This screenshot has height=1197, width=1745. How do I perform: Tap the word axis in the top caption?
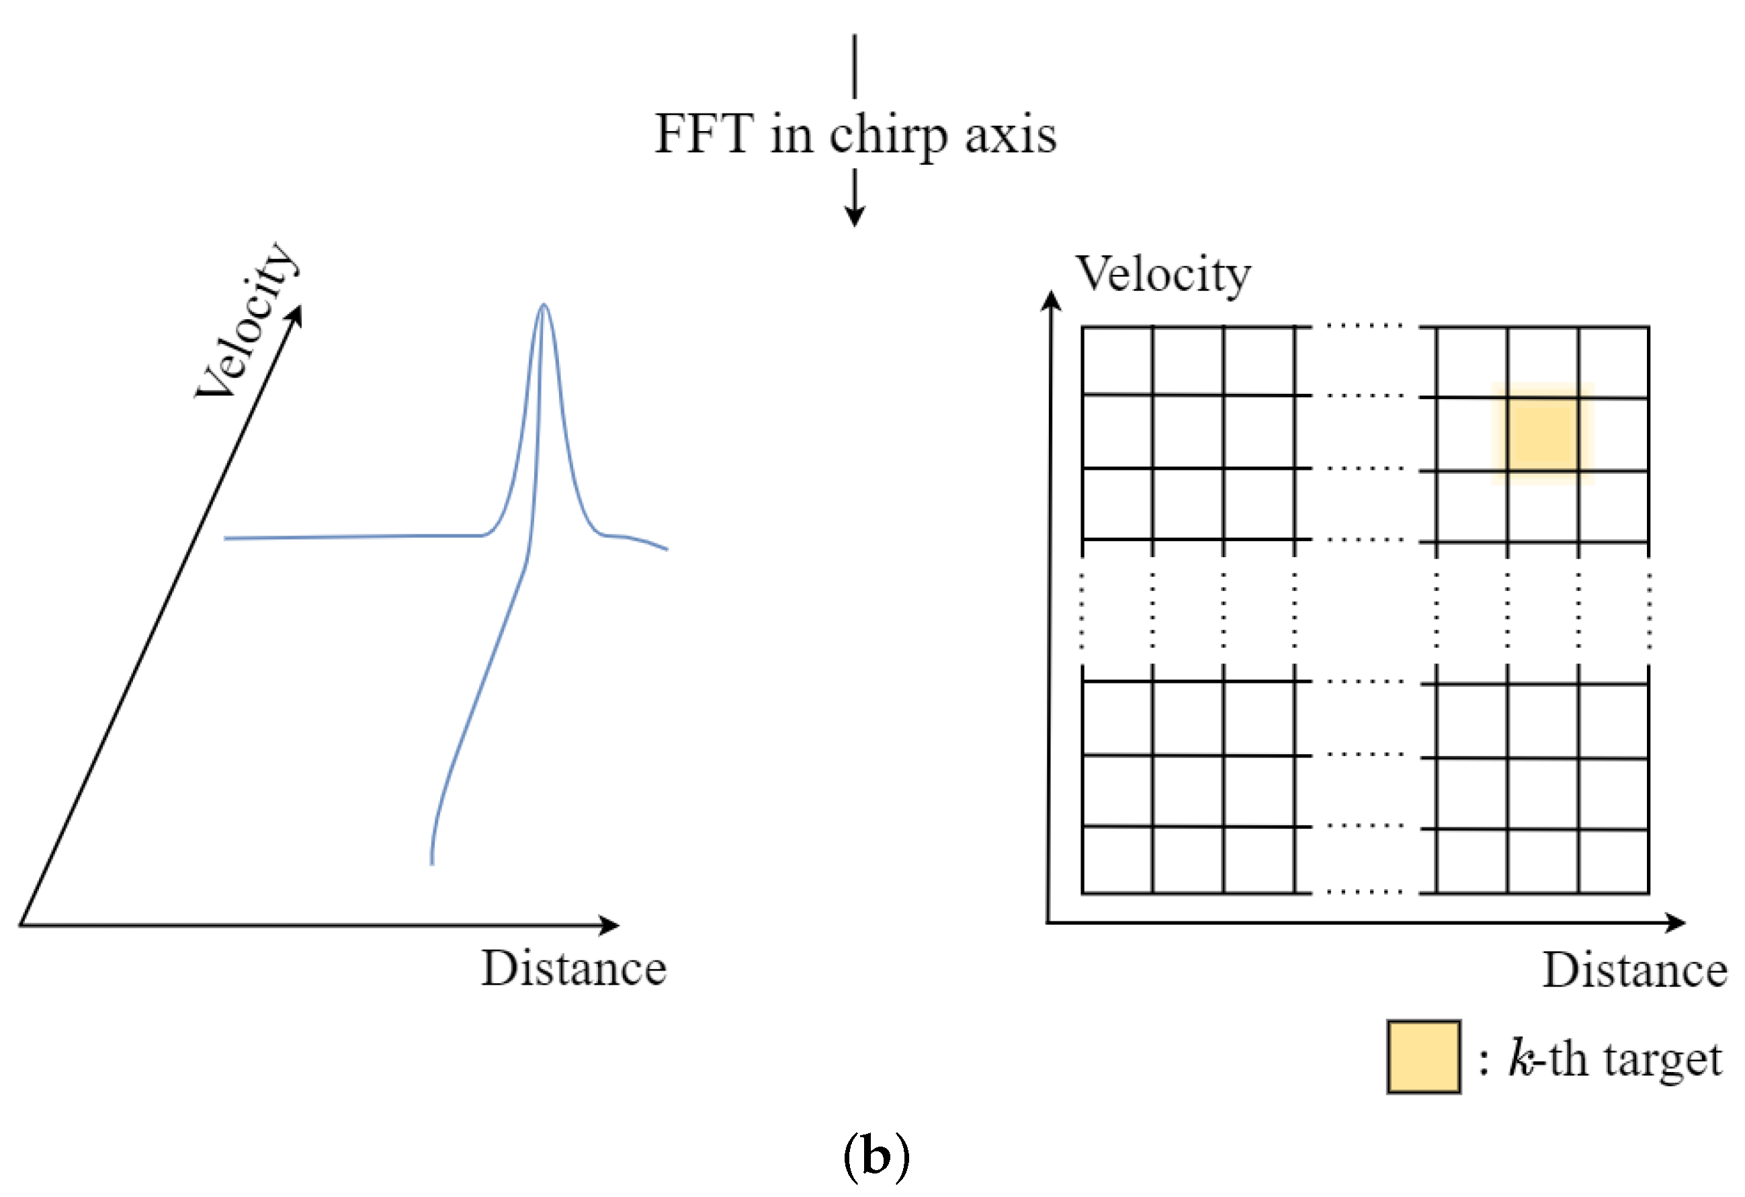click(1011, 135)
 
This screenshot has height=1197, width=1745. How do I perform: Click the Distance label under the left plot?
click(574, 968)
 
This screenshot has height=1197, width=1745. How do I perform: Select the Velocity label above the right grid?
click(1163, 275)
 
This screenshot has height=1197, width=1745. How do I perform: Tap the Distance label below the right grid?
click(1635, 971)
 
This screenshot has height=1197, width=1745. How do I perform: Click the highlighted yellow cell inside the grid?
click(1542, 434)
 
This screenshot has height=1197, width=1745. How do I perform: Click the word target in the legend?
click(1662, 1060)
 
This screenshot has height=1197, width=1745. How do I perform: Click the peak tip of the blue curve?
click(544, 306)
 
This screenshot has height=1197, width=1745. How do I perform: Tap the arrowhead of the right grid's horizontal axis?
click(1676, 923)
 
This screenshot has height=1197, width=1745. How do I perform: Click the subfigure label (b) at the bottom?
click(876, 1157)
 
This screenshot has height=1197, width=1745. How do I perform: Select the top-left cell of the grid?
click(1117, 360)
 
